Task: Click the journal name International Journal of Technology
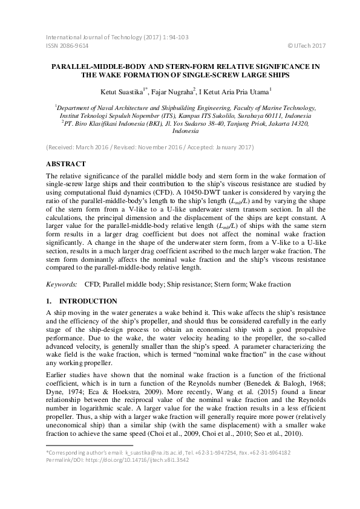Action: [90, 37]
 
